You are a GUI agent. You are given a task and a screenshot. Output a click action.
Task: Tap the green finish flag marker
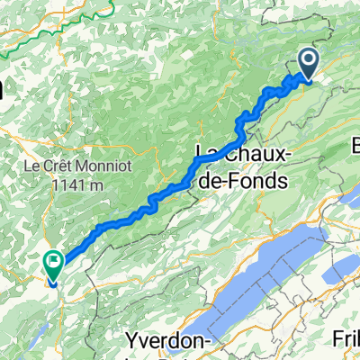pyautogui.click(x=52, y=265)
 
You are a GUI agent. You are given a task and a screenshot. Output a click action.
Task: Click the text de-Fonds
pyautogui.click(x=244, y=179)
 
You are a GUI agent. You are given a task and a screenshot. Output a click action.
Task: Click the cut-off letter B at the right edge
pyautogui.click(x=355, y=144)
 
